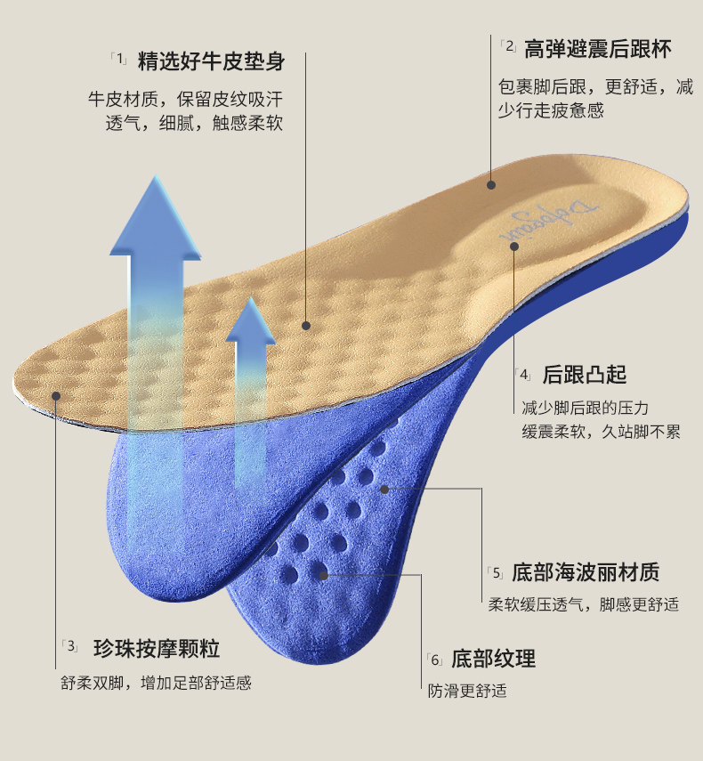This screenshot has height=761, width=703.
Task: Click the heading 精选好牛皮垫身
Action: click(x=211, y=61)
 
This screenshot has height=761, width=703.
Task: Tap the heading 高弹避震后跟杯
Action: click(x=597, y=48)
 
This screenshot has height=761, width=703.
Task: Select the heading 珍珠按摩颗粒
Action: click(x=156, y=647)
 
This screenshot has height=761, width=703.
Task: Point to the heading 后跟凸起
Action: click(x=584, y=374)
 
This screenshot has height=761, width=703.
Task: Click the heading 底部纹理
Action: click(x=493, y=659)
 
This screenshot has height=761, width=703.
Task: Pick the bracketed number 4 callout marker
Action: click(x=524, y=374)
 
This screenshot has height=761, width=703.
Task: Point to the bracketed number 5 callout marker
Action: click(x=496, y=572)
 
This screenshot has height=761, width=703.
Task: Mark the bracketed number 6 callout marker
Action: click(x=435, y=660)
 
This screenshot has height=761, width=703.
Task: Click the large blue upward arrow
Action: click(x=157, y=294)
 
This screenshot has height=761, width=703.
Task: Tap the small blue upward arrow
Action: click(x=250, y=374)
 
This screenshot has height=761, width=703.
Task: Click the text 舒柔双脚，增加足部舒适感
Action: click(x=156, y=684)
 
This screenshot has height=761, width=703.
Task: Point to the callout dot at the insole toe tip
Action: click(x=55, y=395)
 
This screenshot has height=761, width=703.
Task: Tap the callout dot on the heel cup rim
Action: click(x=490, y=185)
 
